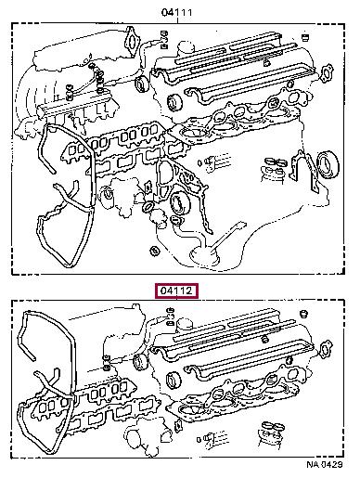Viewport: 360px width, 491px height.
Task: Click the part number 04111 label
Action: point(177,12)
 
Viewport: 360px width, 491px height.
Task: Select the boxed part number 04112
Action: point(177,291)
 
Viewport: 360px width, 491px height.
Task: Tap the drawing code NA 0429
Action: point(325,464)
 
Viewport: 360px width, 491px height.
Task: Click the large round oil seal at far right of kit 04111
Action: point(328,164)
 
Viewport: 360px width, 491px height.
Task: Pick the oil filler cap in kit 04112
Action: point(186,326)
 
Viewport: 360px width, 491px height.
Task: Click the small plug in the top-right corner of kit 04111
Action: point(305,36)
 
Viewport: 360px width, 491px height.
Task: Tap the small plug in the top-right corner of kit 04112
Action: point(303,314)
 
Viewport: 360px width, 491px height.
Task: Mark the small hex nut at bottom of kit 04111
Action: point(154,251)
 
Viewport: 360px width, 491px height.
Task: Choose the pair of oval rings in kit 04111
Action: point(276,162)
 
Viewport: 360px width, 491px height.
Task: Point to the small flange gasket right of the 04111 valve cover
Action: point(328,73)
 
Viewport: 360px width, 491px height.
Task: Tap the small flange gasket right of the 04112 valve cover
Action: point(326,349)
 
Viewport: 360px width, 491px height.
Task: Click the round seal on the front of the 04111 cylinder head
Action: point(174,102)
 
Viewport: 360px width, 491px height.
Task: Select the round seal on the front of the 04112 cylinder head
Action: point(174,380)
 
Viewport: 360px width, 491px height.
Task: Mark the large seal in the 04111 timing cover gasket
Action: point(179,204)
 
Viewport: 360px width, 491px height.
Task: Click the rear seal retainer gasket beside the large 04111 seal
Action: point(303,171)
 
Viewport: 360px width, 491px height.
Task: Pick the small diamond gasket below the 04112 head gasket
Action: point(178,426)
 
